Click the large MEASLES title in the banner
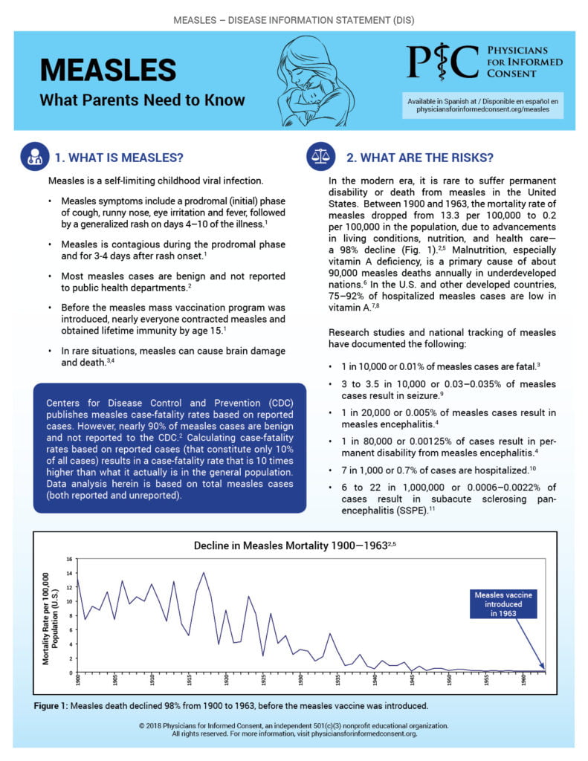coord(109,69)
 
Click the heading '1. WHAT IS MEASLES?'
coord(119,158)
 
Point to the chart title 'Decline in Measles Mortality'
coord(290,545)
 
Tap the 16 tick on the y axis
coord(69,559)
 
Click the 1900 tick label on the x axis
coord(78,678)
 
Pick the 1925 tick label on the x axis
coord(264,678)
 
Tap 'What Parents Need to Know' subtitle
coord(141,100)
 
